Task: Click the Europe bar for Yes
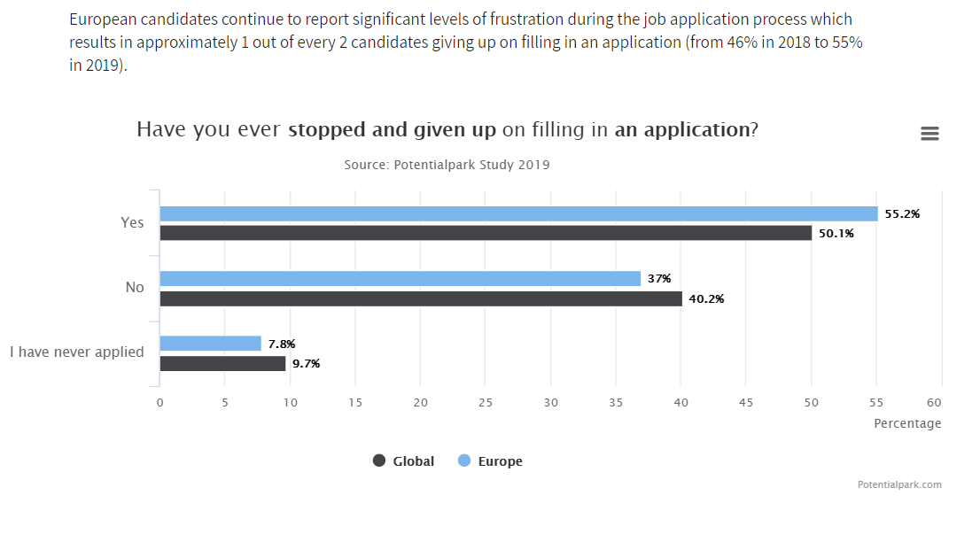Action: tap(518, 213)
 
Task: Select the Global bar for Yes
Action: tap(486, 233)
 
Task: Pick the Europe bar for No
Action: tap(400, 279)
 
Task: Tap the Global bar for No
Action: tap(421, 298)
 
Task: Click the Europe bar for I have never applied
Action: tap(211, 344)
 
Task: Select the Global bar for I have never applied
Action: tap(222, 363)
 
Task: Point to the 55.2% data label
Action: tap(902, 214)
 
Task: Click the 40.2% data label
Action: tap(706, 299)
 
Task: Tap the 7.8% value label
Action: tap(282, 344)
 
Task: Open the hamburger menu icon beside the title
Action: tap(929, 134)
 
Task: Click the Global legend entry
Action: tap(404, 461)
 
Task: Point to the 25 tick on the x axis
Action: tap(486, 403)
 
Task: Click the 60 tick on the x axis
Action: tap(941, 403)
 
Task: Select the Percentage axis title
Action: tap(907, 423)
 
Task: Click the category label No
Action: tap(135, 288)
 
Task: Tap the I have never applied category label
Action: tap(77, 352)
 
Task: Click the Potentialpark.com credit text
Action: tap(899, 484)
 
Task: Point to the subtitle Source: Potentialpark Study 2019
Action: tap(447, 165)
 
